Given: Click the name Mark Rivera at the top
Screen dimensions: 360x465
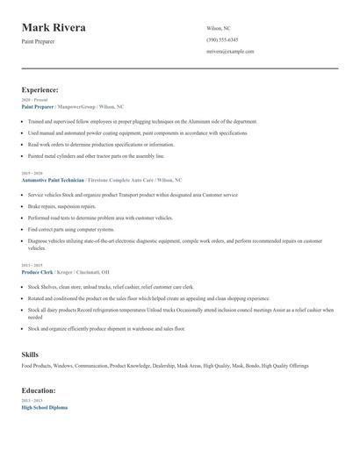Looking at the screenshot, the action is point(54,28).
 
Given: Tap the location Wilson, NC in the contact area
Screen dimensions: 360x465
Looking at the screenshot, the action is point(220,28).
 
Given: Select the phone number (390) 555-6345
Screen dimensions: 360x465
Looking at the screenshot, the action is point(224,40).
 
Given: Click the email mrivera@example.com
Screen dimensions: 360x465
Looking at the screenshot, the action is point(230,52).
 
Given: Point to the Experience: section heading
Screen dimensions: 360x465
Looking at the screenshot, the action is point(40,89).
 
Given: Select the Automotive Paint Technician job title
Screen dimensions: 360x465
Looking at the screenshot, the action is point(53,179).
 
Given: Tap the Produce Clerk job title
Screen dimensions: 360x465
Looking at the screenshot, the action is point(41,272).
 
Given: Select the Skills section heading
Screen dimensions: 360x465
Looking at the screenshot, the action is point(30,354).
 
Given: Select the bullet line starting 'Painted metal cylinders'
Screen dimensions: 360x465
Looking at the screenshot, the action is point(96,155).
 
